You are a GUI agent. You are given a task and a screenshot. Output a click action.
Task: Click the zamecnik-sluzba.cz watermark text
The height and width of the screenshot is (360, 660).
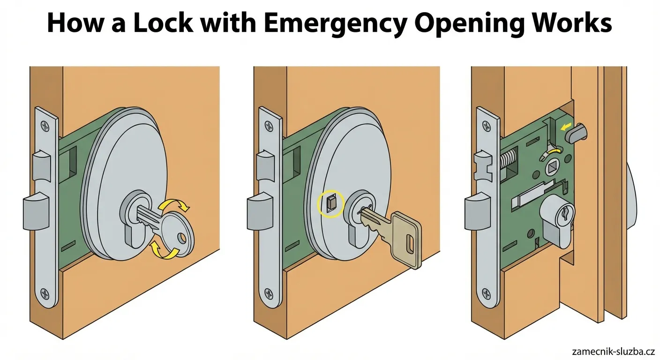click(x=613, y=352)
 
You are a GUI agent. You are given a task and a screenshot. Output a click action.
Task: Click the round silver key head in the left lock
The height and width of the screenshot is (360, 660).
click(x=178, y=235)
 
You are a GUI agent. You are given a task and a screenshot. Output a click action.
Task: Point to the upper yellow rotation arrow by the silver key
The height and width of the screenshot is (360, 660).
click(x=173, y=205)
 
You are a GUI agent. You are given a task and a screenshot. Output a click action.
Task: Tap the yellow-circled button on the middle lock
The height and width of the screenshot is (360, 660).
click(x=330, y=204)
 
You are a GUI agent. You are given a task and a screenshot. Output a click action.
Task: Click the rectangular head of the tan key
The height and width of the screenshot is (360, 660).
click(x=406, y=240)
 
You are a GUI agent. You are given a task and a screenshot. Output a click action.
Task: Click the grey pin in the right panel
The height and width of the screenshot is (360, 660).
click(x=576, y=134)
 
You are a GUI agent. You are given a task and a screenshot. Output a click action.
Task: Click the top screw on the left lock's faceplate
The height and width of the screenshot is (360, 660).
click(x=45, y=126)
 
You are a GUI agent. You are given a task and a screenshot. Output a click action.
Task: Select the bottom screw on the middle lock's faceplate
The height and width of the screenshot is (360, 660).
click(x=269, y=294)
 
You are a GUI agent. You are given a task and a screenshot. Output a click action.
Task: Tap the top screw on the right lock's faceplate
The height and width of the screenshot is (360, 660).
click(x=487, y=126)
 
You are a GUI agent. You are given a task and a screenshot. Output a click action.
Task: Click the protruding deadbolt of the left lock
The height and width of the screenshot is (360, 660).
click(x=36, y=211)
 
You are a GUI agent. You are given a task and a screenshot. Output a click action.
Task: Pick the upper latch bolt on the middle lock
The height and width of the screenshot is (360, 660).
click(x=265, y=165)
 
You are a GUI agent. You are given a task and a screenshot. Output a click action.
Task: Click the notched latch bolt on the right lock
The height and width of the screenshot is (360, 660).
click(x=483, y=165)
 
